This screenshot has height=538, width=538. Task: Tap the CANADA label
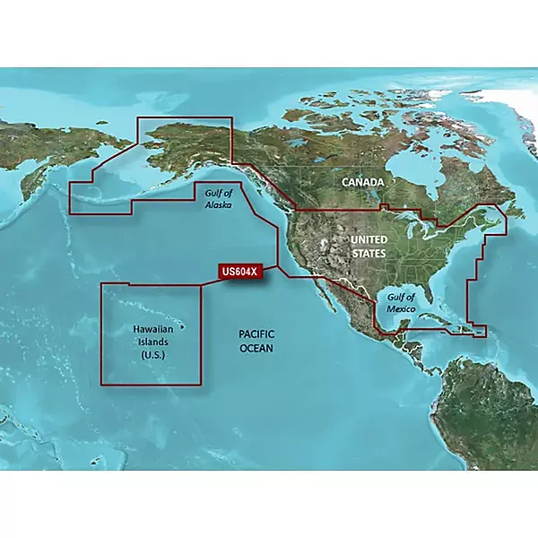click(x=363, y=182)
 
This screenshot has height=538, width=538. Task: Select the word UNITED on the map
click(x=368, y=240)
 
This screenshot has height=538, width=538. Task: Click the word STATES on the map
click(x=368, y=254)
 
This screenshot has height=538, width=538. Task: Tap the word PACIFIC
click(x=256, y=333)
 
